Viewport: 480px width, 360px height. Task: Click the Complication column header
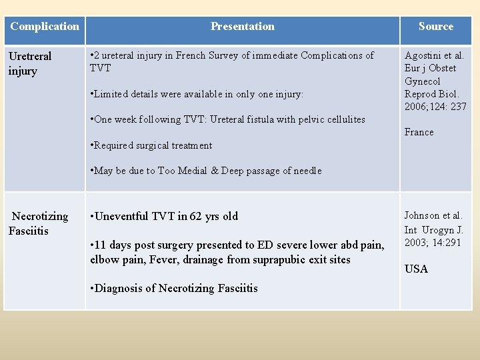pyautogui.click(x=45, y=27)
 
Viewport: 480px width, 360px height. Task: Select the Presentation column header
pyautogui.click(x=242, y=27)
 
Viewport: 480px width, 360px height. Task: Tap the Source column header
pyautogui.click(x=435, y=27)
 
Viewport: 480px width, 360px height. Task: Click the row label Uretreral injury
pyautogui.click(x=30, y=64)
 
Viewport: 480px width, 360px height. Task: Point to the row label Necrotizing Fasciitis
pyautogui.click(x=39, y=223)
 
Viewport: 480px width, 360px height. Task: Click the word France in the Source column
pyautogui.click(x=419, y=132)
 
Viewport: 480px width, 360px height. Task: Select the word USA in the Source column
pyautogui.click(x=417, y=269)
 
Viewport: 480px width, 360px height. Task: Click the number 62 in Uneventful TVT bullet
pyautogui.click(x=196, y=216)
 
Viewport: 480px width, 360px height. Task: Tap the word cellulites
pyautogui.click(x=341, y=119)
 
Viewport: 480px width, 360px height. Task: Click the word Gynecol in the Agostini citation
pyautogui.click(x=423, y=81)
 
